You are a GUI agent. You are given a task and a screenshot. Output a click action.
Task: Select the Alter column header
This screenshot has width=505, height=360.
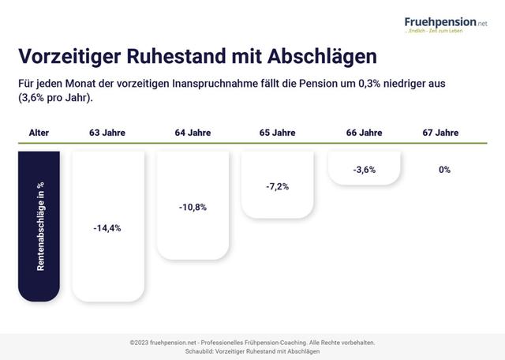39,133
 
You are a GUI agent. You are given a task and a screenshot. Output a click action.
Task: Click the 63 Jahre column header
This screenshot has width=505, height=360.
107,133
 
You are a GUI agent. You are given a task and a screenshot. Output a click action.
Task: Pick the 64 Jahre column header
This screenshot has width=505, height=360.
193,133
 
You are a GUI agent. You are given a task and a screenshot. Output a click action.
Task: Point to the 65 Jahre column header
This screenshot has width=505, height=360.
277,133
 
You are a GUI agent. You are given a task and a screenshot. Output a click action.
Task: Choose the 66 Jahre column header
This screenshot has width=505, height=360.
364,133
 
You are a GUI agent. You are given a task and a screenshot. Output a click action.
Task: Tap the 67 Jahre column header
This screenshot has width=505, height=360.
440,133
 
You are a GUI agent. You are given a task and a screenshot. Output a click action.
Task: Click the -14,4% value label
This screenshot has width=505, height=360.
107,228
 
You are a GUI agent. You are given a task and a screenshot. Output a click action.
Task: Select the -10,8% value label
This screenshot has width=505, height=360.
193,207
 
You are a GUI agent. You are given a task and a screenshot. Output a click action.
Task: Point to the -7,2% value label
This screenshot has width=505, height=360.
277,187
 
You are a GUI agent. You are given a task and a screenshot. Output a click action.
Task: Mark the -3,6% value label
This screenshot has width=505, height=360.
364,170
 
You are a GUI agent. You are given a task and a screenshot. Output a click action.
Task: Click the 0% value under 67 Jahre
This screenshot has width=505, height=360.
444,170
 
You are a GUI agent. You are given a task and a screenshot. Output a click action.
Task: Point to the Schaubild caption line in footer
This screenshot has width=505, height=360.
252,351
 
